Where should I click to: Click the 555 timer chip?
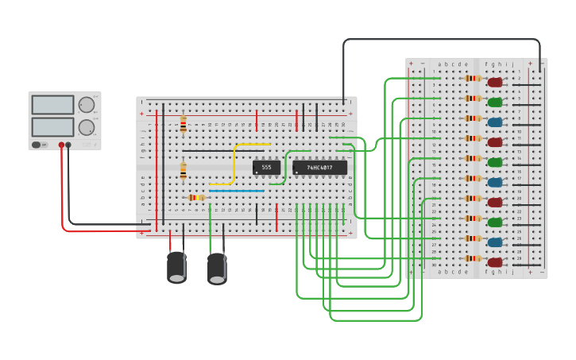(266, 168)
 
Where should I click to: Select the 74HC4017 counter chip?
(319, 168)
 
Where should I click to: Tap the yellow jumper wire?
(235, 163)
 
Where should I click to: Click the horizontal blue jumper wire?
(236, 192)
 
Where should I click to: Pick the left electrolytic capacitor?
(177, 267)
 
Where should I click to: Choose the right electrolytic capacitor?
(217, 268)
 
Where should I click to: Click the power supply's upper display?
(52, 105)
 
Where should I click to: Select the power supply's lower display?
(52, 126)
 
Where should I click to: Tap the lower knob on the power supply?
(86, 127)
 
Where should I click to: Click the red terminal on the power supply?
(60, 145)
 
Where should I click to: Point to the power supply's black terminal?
(68, 145)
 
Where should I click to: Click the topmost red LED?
(495, 82)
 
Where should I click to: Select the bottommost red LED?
(495, 261)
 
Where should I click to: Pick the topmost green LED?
(495, 102)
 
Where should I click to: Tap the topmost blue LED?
(495, 122)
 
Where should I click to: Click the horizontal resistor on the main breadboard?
(196, 197)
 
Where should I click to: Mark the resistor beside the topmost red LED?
(474, 79)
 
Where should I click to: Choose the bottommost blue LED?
(495, 242)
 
